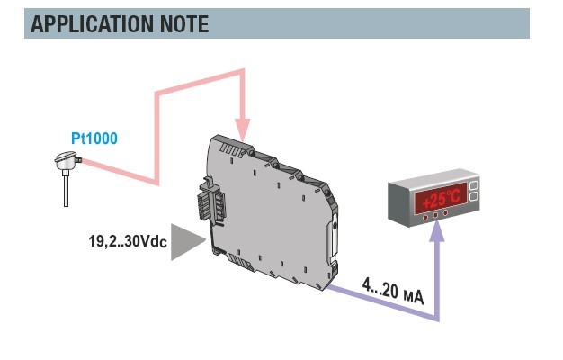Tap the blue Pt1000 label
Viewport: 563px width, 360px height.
[x=94, y=139]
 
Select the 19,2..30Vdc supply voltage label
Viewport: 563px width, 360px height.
[x=128, y=241]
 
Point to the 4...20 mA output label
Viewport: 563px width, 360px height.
[x=393, y=291]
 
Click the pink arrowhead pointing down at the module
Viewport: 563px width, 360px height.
[x=243, y=130]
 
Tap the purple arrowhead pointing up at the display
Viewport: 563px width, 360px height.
[x=437, y=232]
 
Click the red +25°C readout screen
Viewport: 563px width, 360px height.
[x=441, y=199]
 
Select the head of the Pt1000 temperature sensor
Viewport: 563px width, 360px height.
[x=67, y=160]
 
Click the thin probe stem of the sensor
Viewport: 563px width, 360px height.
[x=66, y=188]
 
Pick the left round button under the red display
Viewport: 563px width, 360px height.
[x=425, y=218]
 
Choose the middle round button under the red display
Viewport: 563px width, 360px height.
[x=435, y=215]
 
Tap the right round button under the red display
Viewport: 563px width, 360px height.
[x=445, y=212]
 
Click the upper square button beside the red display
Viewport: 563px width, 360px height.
[x=474, y=185]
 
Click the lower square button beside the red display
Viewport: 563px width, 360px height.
[x=474, y=196]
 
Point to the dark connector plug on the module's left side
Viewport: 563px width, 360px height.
[x=212, y=203]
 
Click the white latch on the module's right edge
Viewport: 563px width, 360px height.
[x=333, y=237]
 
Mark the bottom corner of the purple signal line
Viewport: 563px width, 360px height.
[x=437, y=319]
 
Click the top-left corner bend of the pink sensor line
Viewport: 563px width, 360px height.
[x=156, y=94]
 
